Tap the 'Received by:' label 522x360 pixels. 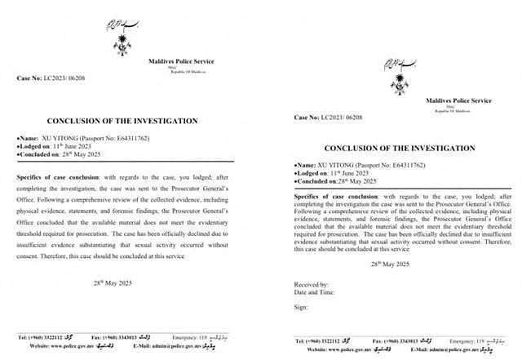point(310,287)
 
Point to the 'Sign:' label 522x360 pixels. point(301,309)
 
